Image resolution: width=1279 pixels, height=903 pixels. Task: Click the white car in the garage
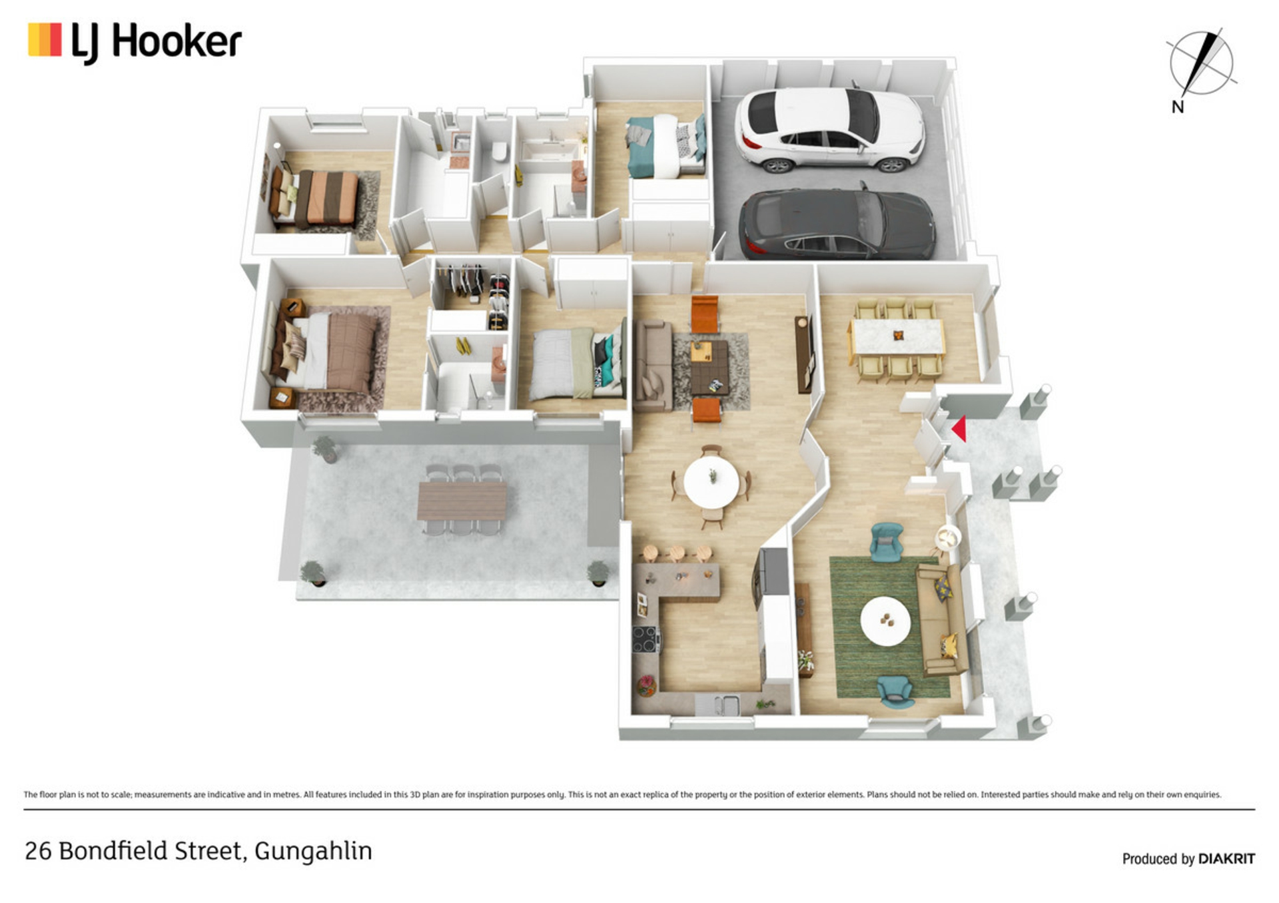(829, 129)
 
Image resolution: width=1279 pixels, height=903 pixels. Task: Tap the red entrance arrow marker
(959, 429)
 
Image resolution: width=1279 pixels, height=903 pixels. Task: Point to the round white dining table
(711, 482)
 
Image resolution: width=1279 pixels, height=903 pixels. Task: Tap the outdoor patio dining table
(462, 500)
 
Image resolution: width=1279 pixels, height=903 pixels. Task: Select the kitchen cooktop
(645, 639)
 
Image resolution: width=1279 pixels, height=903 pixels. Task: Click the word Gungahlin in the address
(313, 851)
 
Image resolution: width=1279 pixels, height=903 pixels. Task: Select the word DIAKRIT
(1226, 859)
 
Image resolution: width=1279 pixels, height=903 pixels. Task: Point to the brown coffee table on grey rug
(709, 367)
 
